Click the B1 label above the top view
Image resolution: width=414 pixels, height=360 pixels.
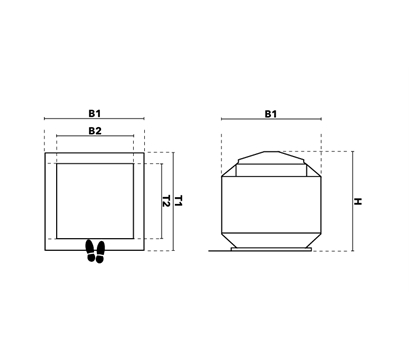94,113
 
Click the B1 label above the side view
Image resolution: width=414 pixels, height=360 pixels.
271,114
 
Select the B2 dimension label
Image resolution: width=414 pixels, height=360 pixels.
95,131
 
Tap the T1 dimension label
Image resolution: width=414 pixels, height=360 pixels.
179,201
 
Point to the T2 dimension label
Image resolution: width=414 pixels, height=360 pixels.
166,201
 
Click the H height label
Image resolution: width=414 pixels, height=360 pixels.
358,201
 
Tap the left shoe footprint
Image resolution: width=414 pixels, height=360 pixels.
90,251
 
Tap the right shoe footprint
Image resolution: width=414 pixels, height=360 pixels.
100,252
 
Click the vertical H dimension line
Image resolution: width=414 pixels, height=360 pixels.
353,201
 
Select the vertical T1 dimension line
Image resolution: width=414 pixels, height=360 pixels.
173,201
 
